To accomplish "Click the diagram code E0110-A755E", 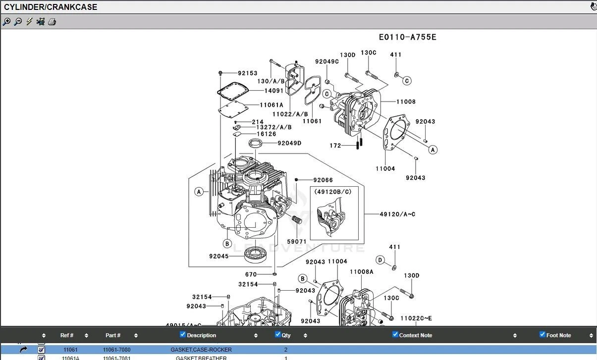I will click(x=407, y=37).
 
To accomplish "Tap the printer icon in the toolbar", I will click(x=52, y=22).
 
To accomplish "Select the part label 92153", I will click(x=247, y=73).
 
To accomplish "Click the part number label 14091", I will click(x=273, y=91).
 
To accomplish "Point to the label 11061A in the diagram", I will click(x=271, y=105).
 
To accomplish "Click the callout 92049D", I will click(x=289, y=143).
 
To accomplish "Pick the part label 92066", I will click(x=323, y=180).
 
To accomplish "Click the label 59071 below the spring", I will click(x=297, y=242).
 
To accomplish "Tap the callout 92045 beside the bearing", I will click(x=218, y=257).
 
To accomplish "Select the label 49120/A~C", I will click(x=397, y=214).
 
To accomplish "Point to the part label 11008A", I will click(x=362, y=271).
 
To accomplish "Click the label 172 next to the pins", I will click(x=335, y=146).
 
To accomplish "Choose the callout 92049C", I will click(x=327, y=62).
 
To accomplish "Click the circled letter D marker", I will click(x=380, y=260).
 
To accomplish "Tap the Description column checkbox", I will click(x=183, y=334).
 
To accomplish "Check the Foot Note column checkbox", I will click(x=543, y=334).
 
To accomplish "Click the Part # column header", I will click(x=113, y=335).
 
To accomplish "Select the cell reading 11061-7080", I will click(x=117, y=350).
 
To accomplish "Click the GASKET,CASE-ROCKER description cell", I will click(x=201, y=350).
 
